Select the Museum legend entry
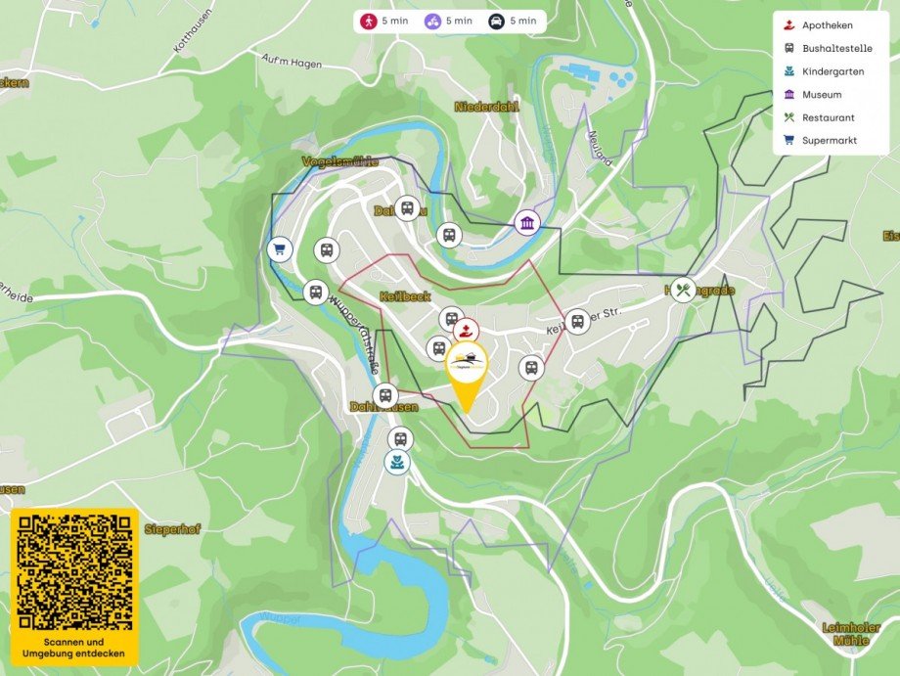[821, 95]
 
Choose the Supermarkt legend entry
[829, 141]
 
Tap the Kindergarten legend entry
[832, 71]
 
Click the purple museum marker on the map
[527, 223]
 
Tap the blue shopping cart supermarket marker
[279, 249]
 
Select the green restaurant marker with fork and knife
[683, 290]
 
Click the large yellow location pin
[467, 373]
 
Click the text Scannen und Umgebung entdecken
[74, 647]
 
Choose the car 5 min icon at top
[497, 21]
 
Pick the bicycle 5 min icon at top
[432, 21]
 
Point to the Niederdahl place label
[486, 106]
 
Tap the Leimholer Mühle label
[843, 634]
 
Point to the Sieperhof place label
[171, 529]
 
